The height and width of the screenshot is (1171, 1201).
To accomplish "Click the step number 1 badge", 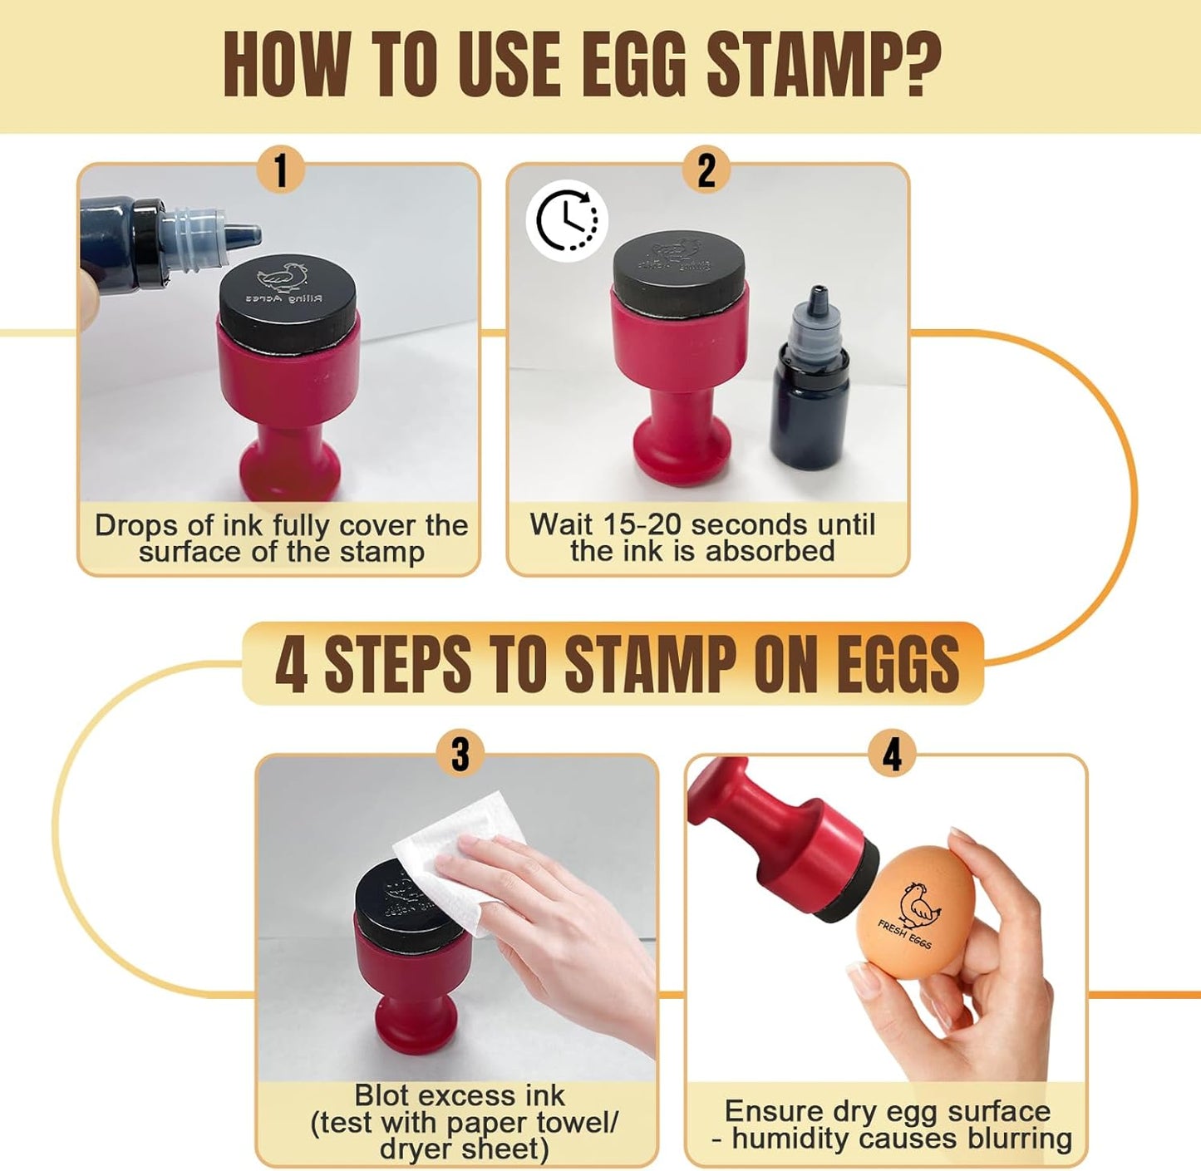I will (280, 170).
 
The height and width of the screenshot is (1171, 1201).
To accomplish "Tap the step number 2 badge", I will (706, 170).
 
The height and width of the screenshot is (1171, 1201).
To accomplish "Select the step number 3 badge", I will (460, 755).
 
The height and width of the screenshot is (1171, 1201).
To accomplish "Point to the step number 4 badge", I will (892, 755).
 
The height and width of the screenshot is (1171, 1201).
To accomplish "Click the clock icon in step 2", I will (567, 220).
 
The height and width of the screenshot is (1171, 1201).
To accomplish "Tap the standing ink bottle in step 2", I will (810, 382).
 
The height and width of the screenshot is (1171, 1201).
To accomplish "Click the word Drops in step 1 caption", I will (135, 525).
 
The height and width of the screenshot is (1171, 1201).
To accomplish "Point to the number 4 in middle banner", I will (291, 665).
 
